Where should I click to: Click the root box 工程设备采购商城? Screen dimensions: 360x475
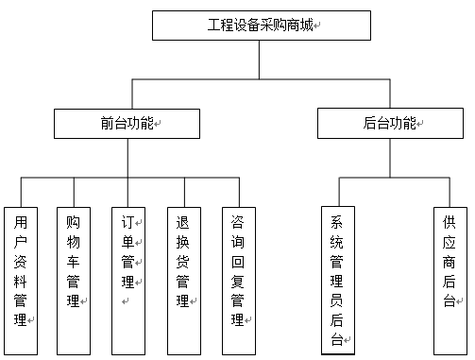(x=260, y=26)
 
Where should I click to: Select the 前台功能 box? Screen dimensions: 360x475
(x=127, y=123)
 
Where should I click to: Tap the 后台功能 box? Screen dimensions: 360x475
(x=389, y=123)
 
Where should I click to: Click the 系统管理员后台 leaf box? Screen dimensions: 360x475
(x=338, y=278)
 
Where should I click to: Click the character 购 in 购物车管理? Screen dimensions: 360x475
(x=73, y=223)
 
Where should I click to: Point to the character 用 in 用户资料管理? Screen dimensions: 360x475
(x=20, y=223)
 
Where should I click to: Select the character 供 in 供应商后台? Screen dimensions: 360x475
(x=449, y=223)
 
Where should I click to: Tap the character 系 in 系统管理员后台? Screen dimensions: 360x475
(x=337, y=223)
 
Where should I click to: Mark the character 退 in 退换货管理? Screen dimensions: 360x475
(x=182, y=223)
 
